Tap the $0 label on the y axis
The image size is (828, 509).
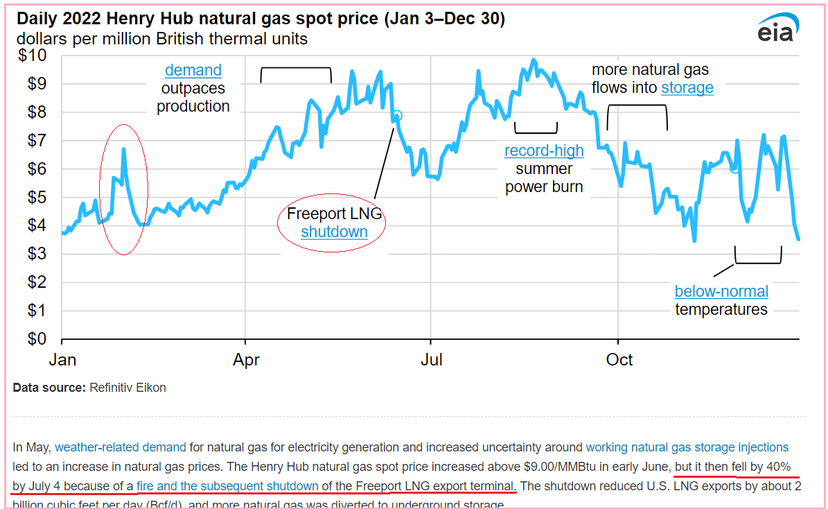point(36,339)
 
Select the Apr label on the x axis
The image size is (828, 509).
point(247,360)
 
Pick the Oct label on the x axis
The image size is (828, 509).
point(619,360)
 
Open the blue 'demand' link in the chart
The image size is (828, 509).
point(193,70)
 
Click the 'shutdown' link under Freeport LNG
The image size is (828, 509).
point(334,232)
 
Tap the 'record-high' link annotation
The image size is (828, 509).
point(544,150)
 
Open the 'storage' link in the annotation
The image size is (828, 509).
point(687,88)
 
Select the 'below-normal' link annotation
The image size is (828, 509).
point(721,291)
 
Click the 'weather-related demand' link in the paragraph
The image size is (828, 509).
point(121,447)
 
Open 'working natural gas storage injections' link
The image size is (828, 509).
point(687,447)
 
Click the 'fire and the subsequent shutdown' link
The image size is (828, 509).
point(227,485)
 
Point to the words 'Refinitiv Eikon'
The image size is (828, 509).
point(127,388)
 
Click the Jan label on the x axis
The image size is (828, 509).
point(62,360)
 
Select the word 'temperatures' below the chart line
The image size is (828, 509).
point(721,309)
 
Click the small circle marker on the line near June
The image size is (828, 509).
point(397,116)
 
